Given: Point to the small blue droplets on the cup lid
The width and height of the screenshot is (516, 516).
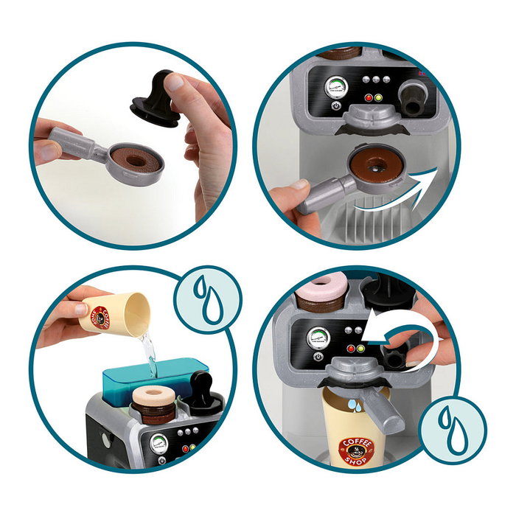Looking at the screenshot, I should pyautogui.click(x=355, y=405).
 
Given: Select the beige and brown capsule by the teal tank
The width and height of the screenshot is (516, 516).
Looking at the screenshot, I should pyautogui.click(x=153, y=404).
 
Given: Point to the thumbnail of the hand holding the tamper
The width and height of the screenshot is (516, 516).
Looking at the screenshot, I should pyautogui.click(x=174, y=83).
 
